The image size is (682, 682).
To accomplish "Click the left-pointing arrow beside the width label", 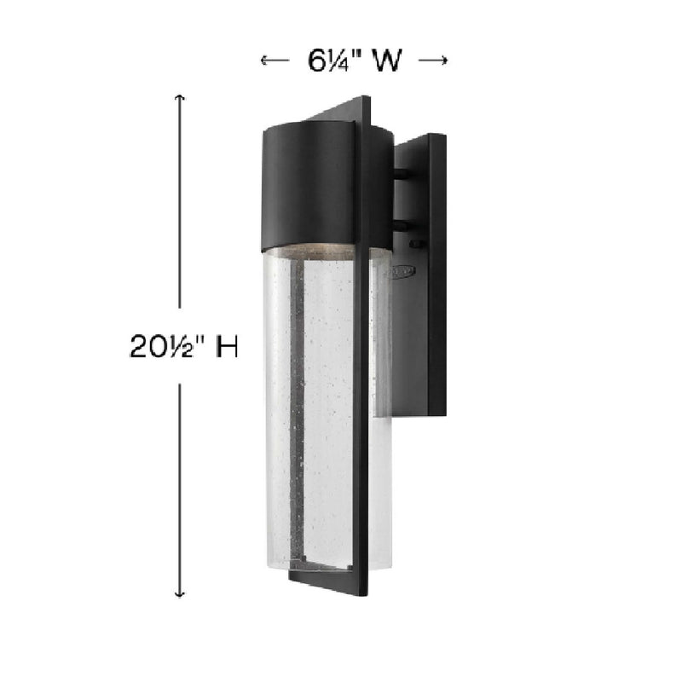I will [x=273, y=60].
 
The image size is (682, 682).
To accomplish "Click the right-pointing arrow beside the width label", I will [x=434, y=60].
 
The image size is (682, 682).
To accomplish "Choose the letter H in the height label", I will [x=225, y=347].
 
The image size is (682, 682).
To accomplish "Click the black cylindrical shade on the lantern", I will [x=307, y=183].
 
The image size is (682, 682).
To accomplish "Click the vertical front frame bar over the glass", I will [x=361, y=409].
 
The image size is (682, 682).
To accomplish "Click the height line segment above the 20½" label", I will [x=179, y=205].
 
